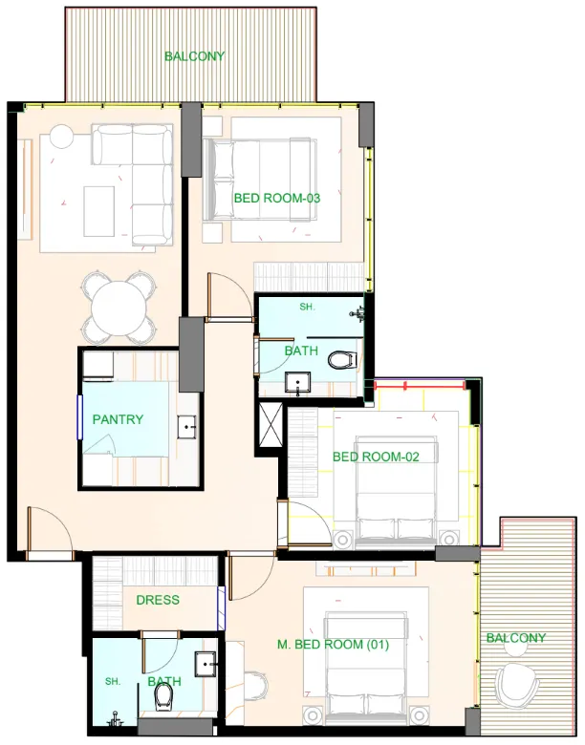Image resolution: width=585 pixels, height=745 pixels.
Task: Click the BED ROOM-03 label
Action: click(x=276, y=199)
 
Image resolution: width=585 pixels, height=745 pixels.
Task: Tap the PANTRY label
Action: click(x=118, y=419)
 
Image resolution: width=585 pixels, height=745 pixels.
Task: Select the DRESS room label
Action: click(x=158, y=600)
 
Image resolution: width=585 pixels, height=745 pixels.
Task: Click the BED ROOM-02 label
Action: click(x=376, y=457)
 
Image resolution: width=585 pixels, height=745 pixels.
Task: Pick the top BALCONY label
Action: click(x=194, y=56)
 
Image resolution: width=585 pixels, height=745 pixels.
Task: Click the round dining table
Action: click(x=119, y=309)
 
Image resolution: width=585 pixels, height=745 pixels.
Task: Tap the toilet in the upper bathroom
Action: click(x=340, y=360)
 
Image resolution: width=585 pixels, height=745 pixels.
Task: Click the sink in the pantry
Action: click(x=186, y=426)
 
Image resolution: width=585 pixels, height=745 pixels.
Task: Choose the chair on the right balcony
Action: click(x=518, y=684)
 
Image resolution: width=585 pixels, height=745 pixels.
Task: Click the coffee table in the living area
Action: click(x=98, y=210)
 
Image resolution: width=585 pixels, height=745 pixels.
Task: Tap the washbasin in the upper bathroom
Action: click(x=299, y=385)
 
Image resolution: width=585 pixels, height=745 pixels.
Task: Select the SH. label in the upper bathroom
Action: click(x=307, y=307)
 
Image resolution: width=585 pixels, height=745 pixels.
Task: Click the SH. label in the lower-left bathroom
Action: click(x=113, y=682)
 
